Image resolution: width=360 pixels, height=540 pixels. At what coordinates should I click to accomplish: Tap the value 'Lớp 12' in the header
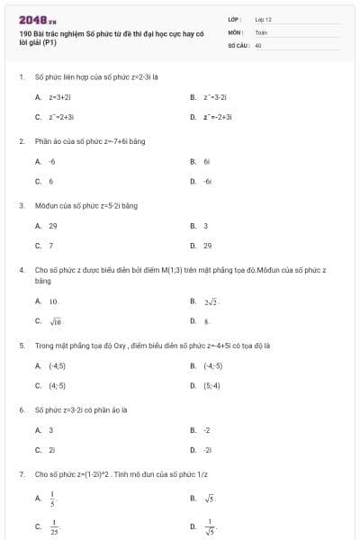[x=263, y=19]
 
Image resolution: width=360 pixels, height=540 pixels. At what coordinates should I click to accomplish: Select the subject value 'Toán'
[x=261, y=31]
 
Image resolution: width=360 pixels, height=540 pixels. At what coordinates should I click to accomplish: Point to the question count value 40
[x=258, y=44]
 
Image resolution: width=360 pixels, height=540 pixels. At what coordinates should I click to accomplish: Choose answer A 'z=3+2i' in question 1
[x=59, y=96]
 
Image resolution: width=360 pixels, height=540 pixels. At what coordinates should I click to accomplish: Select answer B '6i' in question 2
[x=206, y=161]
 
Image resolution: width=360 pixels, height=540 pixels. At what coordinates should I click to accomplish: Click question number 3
[x=21, y=205]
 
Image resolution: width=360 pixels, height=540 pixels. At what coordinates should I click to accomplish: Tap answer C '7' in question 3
[x=50, y=245]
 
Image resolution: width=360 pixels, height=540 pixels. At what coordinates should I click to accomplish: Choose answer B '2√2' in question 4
[x=211, y=301]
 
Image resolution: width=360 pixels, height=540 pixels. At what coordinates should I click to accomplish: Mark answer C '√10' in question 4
[x=55, y=320]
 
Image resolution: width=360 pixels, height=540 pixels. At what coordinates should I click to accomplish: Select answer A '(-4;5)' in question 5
[x=57, y=365]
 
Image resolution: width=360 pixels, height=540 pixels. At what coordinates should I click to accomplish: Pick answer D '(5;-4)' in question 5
[x=211, y=385]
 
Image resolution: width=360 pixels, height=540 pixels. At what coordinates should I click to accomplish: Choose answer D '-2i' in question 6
[x=207, y=449]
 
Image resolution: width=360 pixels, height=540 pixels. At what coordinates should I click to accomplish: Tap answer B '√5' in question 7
[x=210, y=497]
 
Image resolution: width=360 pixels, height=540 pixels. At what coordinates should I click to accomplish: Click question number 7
[x=21, y=473]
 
